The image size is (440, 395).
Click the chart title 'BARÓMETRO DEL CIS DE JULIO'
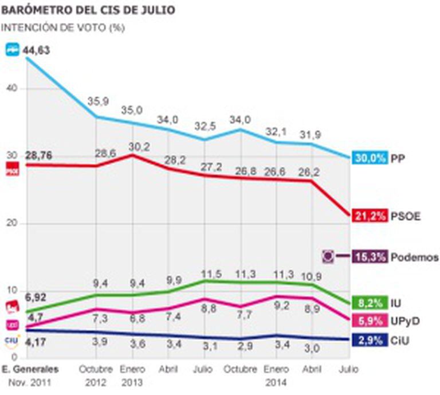(x=88, y=11)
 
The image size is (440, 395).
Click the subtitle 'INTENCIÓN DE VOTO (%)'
(x=63, y=27)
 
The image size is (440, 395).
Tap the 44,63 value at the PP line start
(x=37, y=50)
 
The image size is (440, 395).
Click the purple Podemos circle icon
(x=329, y=257)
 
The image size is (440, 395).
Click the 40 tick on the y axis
(x=13, y=88)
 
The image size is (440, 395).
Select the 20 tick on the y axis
(x=13, y=223)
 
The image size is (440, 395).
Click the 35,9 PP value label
(x=98, y=101)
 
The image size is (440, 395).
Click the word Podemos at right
(x=415, y=257)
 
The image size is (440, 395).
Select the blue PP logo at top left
(x=13, y=50)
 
